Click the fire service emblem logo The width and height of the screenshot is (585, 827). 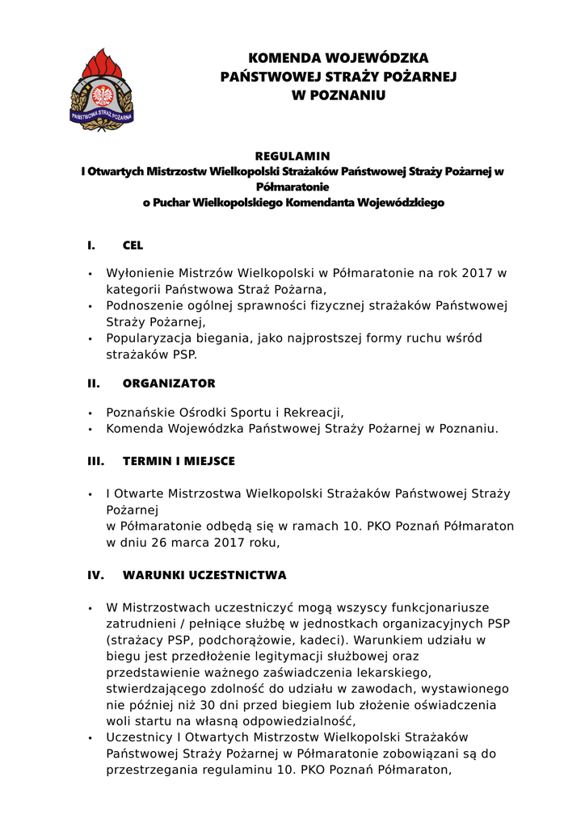(x=102, y=90)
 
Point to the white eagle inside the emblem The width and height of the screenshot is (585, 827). (x=103, y=95)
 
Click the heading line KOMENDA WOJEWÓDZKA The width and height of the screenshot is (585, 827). (x=339, y=58)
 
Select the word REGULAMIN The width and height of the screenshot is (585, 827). (x=292, y=156)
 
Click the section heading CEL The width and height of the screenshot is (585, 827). (x=133, y=246)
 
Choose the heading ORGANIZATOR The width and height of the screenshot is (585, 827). (x=169, y=384)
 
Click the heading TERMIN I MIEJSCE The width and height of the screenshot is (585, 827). (x=179, y=461)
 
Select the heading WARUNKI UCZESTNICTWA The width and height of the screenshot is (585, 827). (x=204, y=576)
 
